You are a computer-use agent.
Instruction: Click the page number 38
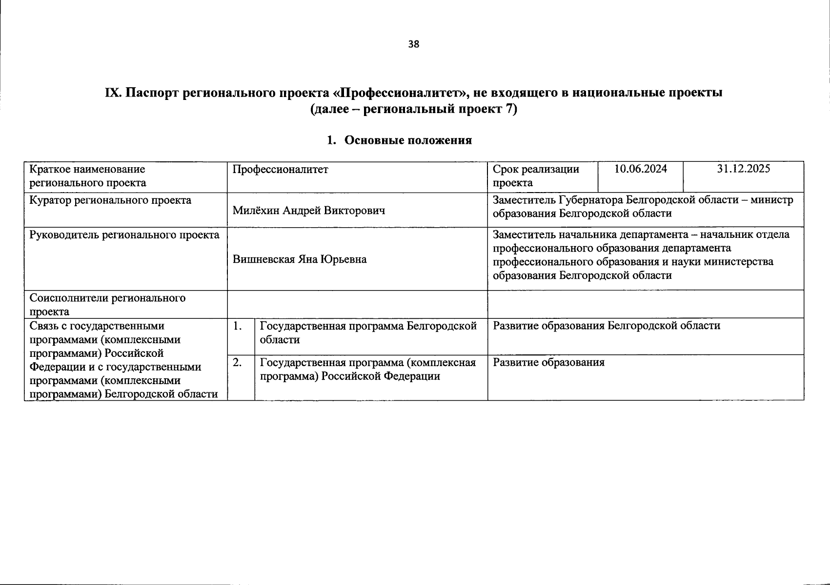[x=413, y=44]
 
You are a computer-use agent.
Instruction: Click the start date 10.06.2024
[x=640, y=169]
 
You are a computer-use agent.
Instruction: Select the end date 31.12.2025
[x=743, y=169]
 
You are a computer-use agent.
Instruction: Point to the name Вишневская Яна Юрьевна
[x=299, y=259]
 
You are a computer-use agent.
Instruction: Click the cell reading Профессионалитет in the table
[x=280, y=170]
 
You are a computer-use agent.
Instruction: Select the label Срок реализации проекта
[x=535, y=176]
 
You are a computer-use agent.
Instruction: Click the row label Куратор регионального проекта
[x=110, y=200]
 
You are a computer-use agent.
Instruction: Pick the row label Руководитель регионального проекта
[x=124, y=235]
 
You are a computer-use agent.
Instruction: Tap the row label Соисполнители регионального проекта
[x=107, y=304]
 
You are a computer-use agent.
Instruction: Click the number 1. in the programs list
[x=238, y=326]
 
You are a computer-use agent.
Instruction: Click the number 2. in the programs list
[x=238, y=363]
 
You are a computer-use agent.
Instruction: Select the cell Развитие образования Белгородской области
[x=606, y=326]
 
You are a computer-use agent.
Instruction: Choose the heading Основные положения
[x=408, y=140]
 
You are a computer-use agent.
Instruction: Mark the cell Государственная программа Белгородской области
[x=368, y=332]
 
